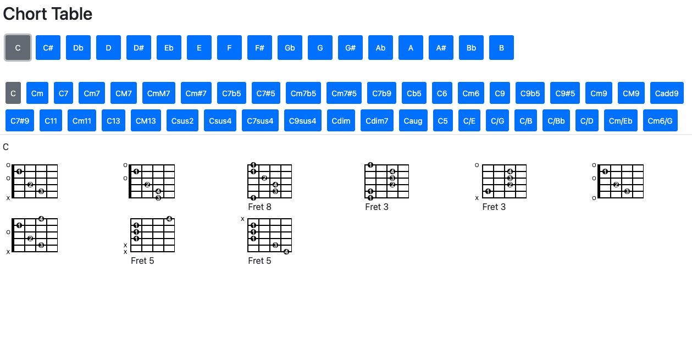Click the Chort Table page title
tap(48, 14)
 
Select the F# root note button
tap(259, 48)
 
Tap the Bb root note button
tap(471, 48)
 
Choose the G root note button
tap(320, 48)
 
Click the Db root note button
tap(78, 48)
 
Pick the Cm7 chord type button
tap(92, 93)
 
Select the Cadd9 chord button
tap(667, 93)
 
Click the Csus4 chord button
tap(220, 121)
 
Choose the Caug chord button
tap(413, 121)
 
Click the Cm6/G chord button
tap(660, 121)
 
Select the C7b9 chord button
tap(381, 93)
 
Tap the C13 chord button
tap(113, 121)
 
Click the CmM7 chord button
tap(159, 93)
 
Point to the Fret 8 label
tap(259, 207)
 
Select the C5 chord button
tap(443, 121)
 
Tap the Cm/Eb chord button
tap(621, 121)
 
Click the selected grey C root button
tap(18, 48)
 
